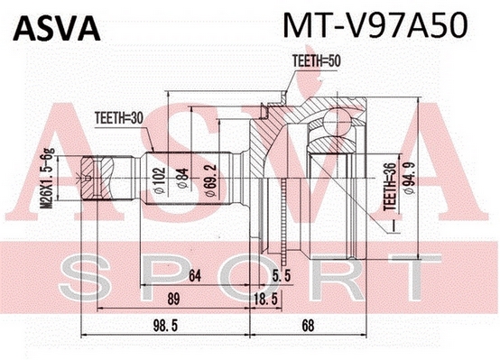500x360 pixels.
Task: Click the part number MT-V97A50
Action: point(375,25)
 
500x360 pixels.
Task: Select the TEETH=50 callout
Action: point(316,61)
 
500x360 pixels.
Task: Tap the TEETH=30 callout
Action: point(119,118)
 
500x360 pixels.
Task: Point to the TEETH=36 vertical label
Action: point(390,186)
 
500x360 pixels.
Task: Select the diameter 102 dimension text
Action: point(159,180)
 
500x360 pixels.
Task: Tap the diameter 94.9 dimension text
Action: point(409,178)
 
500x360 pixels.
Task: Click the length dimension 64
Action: point(195,276)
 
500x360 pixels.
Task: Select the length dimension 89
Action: point(173,299)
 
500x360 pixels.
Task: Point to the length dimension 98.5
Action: point(165,326)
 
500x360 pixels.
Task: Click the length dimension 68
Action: point(308,326)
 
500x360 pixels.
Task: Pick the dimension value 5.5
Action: point(282,276)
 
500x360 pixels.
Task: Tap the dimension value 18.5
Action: point(266,299)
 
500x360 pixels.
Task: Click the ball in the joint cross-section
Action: point(338,122)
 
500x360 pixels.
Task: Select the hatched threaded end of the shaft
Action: point(97,177)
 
